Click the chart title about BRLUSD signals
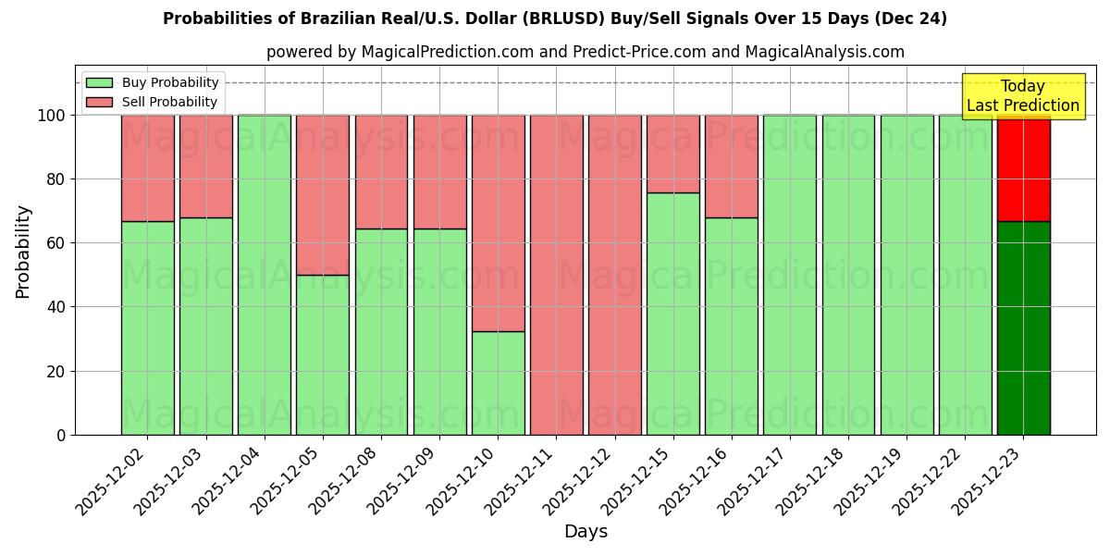[555, 18]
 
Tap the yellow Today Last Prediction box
[1022, 96]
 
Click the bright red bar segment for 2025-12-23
[1023, 168]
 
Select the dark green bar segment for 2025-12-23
[1023, 328]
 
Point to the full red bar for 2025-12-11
[556, 275]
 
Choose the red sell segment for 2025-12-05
[323, 194]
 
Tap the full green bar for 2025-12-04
[265, 275]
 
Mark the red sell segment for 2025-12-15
[673, 154]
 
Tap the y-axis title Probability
[23, 252]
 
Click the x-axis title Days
[586, 532]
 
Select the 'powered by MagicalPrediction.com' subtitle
[586, 52]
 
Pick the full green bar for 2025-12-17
[790, 275]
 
